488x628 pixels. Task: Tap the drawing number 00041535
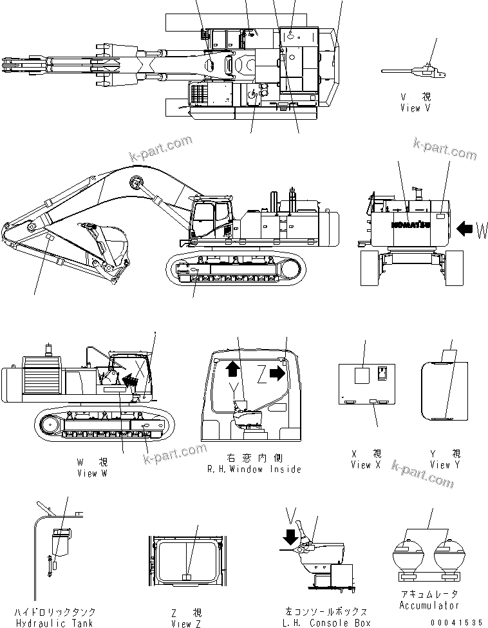[x=456, y=622]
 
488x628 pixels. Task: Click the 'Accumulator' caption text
[x=429, y=605]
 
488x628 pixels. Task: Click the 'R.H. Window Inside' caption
[x=254, y=469]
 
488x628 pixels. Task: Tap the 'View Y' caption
[x=444, y=464]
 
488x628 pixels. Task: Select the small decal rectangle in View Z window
[x=186, y=578]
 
